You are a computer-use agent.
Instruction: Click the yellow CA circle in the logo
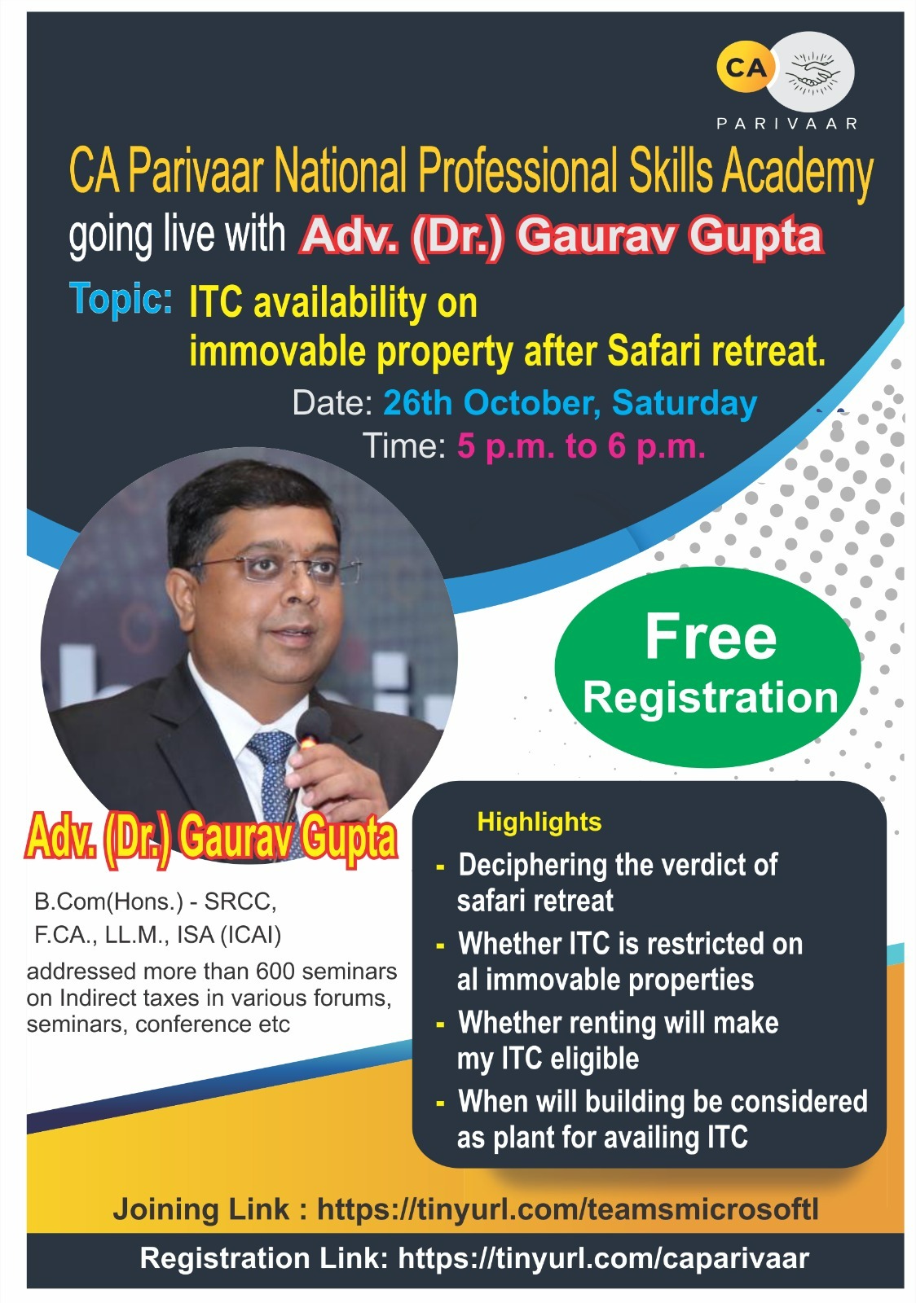pos(746,68)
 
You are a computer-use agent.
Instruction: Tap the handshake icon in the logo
pos(812,72)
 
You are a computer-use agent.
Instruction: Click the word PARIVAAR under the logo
pos(786,123)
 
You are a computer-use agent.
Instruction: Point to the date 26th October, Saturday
pos(570,402)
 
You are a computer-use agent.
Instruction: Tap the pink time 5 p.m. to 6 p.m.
pos(581,446)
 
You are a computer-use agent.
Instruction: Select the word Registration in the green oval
pos(710,697)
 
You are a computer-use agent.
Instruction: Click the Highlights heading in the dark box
pos(539,823)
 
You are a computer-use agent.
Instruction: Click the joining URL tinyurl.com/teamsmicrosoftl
pos(567,1209)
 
